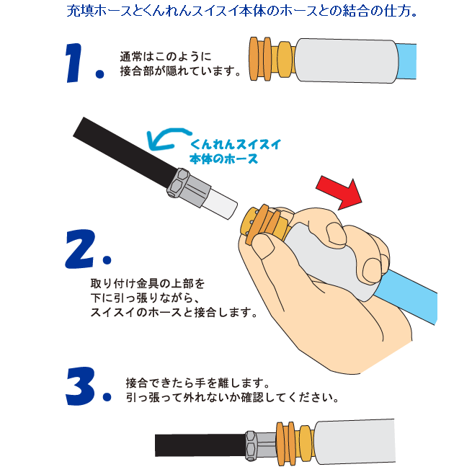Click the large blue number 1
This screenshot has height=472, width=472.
[x=75, y=63]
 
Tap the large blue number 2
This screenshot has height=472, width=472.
[x=81, y=249]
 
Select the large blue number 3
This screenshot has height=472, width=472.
[x=81, y=386]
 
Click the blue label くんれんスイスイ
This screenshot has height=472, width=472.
[x=236, y=144]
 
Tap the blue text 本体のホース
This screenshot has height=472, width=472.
[x=223, y=159]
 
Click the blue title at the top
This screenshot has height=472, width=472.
[x=241, y=11]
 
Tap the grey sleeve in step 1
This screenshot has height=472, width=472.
[x=346, y=61]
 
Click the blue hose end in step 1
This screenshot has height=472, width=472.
[x=406, y=61]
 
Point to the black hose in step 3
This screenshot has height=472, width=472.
[x=201, y=445]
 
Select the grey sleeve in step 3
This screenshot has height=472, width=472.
[x=355, y=440]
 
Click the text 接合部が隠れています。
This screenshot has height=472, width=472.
[x=181, y=71]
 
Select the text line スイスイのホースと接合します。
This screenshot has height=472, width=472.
[x=174, y=312]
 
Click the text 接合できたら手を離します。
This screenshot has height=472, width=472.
[x=197, y=383]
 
